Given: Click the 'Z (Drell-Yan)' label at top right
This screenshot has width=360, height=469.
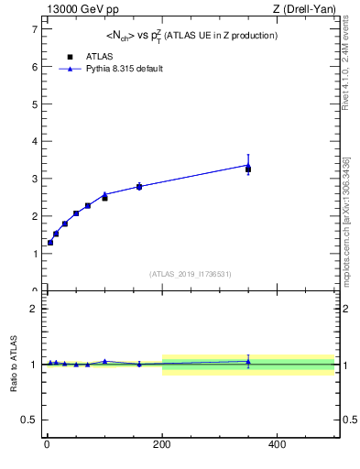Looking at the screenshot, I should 304,9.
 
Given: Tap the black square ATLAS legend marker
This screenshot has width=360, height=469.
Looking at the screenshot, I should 70,57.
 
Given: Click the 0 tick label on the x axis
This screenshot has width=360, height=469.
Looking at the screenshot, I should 47,444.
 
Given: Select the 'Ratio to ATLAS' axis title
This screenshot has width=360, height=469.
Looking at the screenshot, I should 15,365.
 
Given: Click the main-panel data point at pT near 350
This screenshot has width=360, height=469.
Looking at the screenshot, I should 248,169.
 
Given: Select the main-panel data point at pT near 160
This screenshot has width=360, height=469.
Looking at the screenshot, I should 139,187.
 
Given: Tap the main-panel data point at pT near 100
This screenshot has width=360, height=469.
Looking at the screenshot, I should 104,197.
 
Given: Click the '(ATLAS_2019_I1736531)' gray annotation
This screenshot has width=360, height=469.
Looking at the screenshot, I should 191,274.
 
